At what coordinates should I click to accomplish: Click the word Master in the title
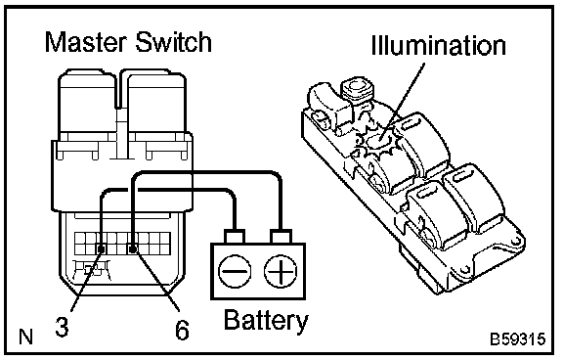(x=86, y=42)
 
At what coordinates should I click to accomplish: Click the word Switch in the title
(x=174, y=42)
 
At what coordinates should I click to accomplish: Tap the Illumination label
(x=439, y=45)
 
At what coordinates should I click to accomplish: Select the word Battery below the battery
(x=266, y=321)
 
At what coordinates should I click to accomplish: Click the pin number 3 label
(x=63, y=327)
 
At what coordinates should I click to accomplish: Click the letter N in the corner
(x=25, y=337)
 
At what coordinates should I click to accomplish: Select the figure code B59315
(x=518, y=339)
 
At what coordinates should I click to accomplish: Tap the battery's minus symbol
(x=235, y=271)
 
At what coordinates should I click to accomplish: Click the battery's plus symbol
(x=281, y=271)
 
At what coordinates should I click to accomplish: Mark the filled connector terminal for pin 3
(x=102, y=248)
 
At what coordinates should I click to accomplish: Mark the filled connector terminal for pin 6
(x=133, y=248)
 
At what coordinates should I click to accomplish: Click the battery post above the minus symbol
(x=235, y=237)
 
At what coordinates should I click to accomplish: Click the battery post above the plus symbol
(x=281, y=237)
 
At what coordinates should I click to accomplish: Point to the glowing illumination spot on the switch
(x=376, y=141)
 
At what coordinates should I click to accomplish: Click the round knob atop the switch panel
(x=358, y=88)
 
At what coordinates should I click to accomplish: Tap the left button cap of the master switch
(x=87, y=102)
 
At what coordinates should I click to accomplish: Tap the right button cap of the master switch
(x=156, y=102)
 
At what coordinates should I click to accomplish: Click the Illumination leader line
(x=403, y=102)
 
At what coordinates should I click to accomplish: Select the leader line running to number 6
(x=156, y=280)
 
